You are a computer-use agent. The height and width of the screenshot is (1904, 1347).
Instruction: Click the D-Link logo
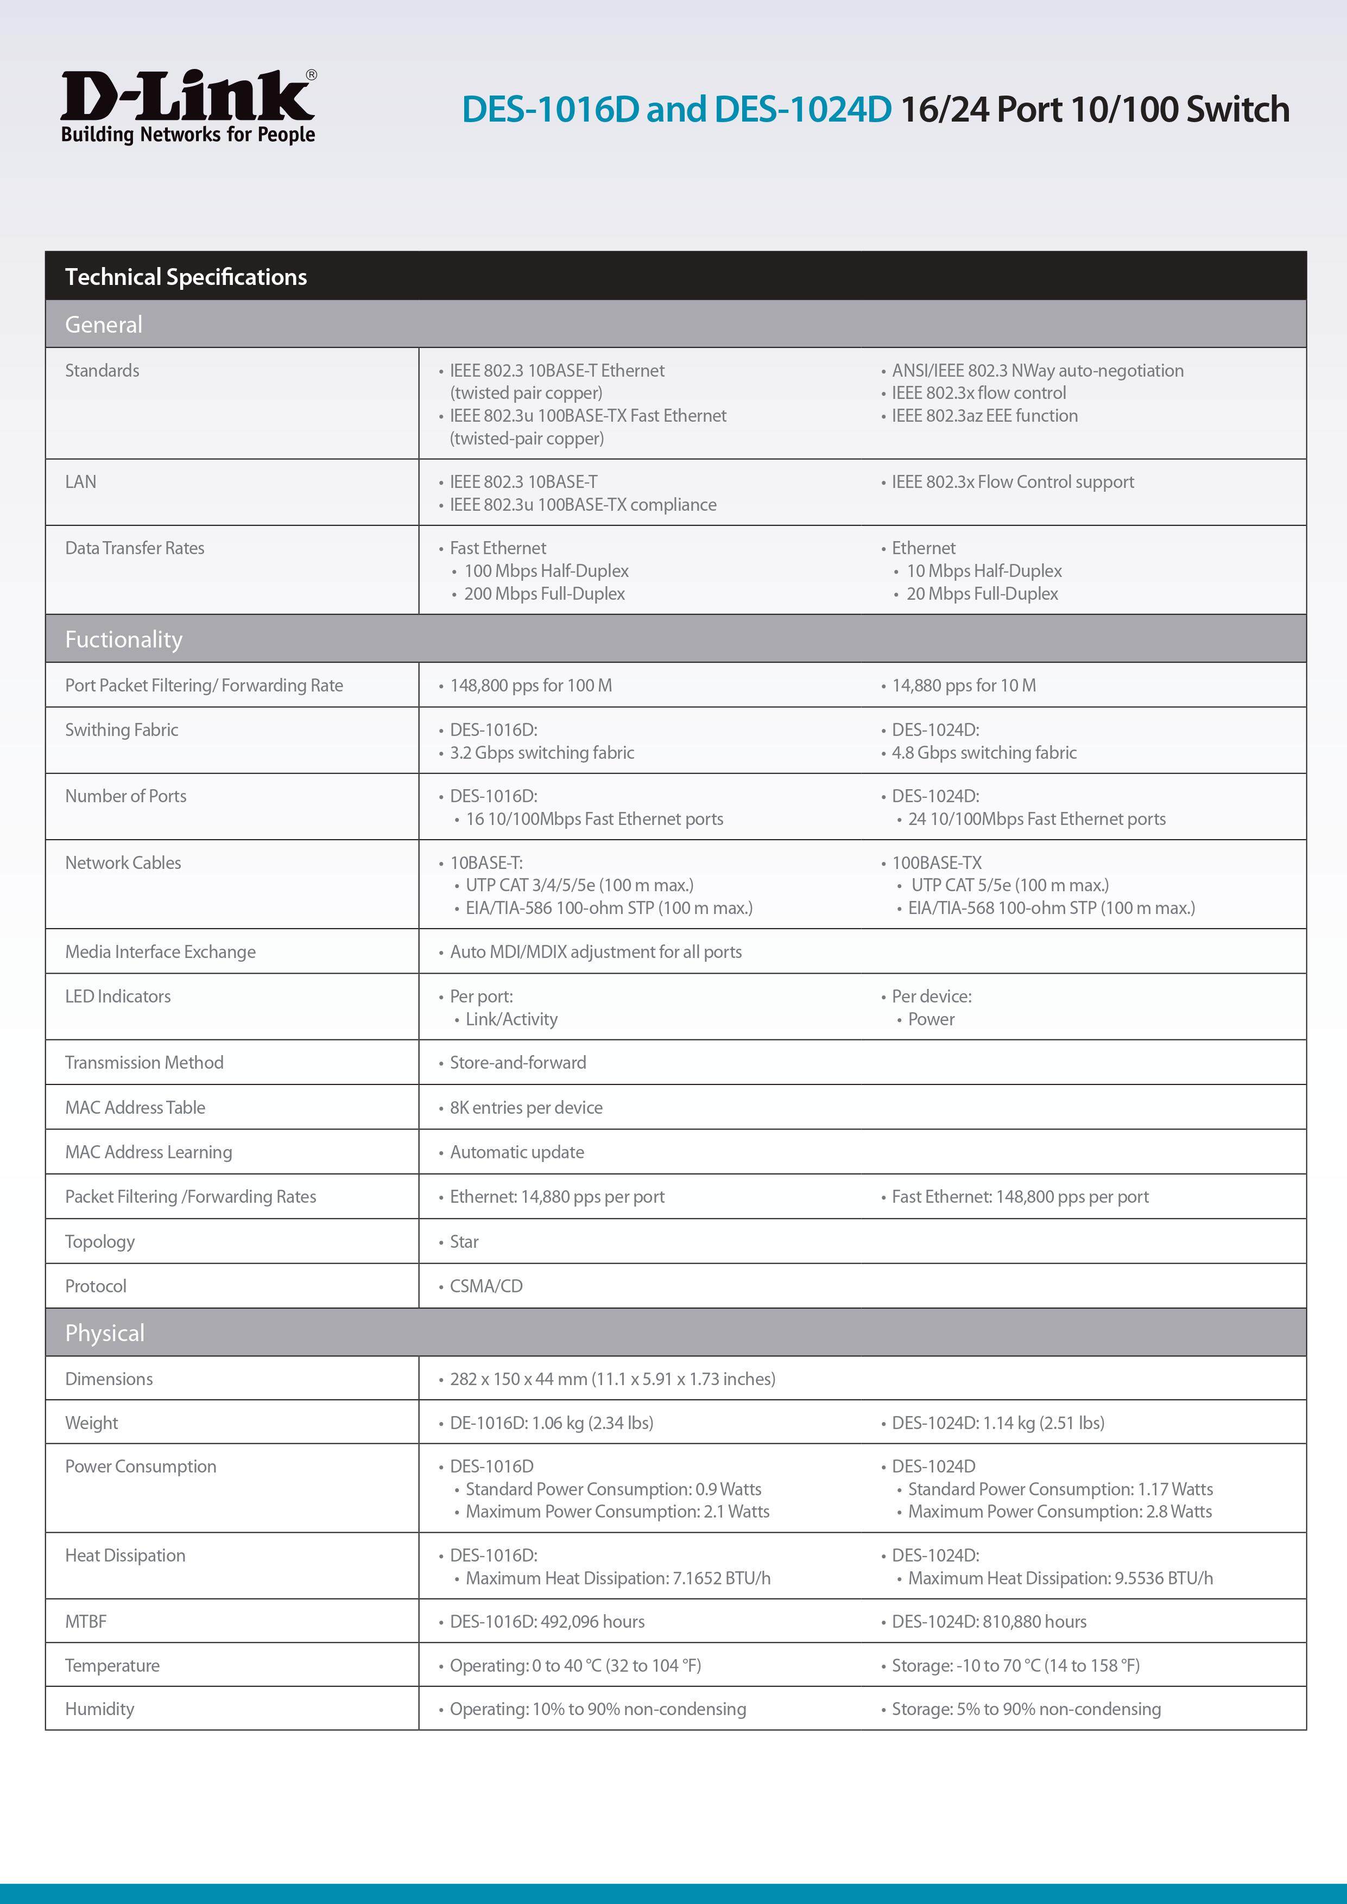[188, 107]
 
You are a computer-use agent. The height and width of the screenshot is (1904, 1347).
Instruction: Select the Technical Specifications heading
[186, 277]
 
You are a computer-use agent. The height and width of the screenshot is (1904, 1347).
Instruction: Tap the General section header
[104, 324]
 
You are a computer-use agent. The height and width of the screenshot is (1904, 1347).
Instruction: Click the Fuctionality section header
[124, 639]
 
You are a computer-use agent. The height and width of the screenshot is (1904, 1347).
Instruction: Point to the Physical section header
[104, 1332]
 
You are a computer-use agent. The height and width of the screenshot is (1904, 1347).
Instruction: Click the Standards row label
[102, 371]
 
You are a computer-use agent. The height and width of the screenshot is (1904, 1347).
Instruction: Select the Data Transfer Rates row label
[134, 548]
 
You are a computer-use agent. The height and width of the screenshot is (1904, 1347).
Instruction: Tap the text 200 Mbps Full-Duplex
[544, 594]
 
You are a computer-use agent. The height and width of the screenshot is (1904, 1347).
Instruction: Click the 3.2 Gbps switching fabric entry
[542, 753]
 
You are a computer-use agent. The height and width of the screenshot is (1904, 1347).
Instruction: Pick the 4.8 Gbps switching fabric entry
[984, 753]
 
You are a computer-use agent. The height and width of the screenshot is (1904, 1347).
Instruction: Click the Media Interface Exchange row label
[160, 952]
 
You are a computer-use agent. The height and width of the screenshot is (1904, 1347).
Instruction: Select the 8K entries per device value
[526, 1108]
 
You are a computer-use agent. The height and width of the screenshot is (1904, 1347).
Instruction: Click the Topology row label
[99, 1241]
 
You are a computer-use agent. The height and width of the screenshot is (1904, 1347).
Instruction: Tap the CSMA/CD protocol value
[486, 1286]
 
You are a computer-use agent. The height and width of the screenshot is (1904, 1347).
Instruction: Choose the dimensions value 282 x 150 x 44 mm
[612, 1379]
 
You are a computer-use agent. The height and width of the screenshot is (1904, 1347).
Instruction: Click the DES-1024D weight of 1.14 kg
[998, 1423]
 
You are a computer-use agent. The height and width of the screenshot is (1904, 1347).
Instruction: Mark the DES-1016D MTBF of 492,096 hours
[547, 1621]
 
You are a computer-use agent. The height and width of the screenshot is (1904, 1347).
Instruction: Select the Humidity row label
[99, 1709]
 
